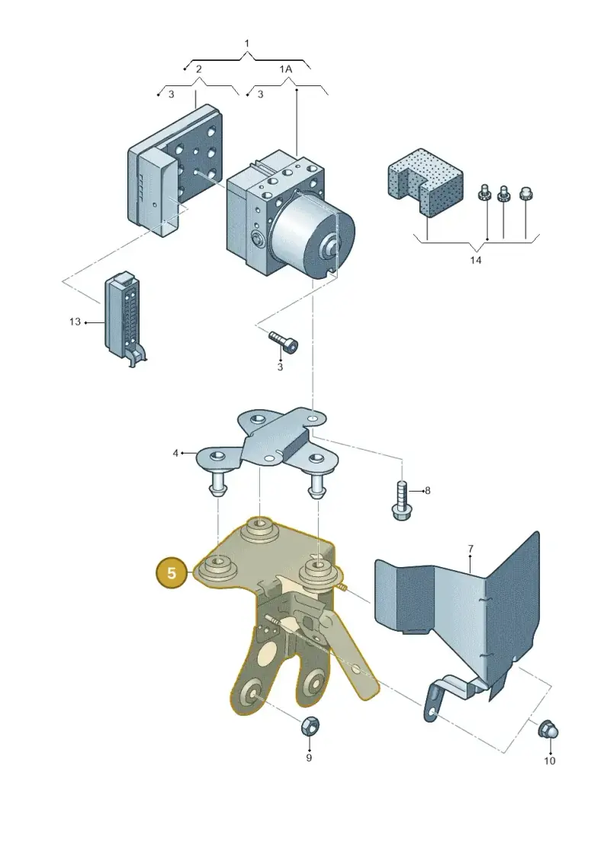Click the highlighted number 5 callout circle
(172, 573)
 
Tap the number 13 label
(75, 322)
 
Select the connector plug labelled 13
(124, 319)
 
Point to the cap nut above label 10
(548, 730)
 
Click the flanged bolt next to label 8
(401, 499)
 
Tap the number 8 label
(428, 490)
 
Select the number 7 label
(470, 549)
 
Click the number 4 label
(175, 453)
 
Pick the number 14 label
(476, 259)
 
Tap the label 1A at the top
(285, 69)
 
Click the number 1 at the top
(246, 43)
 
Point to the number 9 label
(309, 758)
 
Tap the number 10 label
(550, 761)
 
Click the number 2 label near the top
(198, 69)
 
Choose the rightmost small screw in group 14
(526, 194)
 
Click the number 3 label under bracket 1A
(260, 94)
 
